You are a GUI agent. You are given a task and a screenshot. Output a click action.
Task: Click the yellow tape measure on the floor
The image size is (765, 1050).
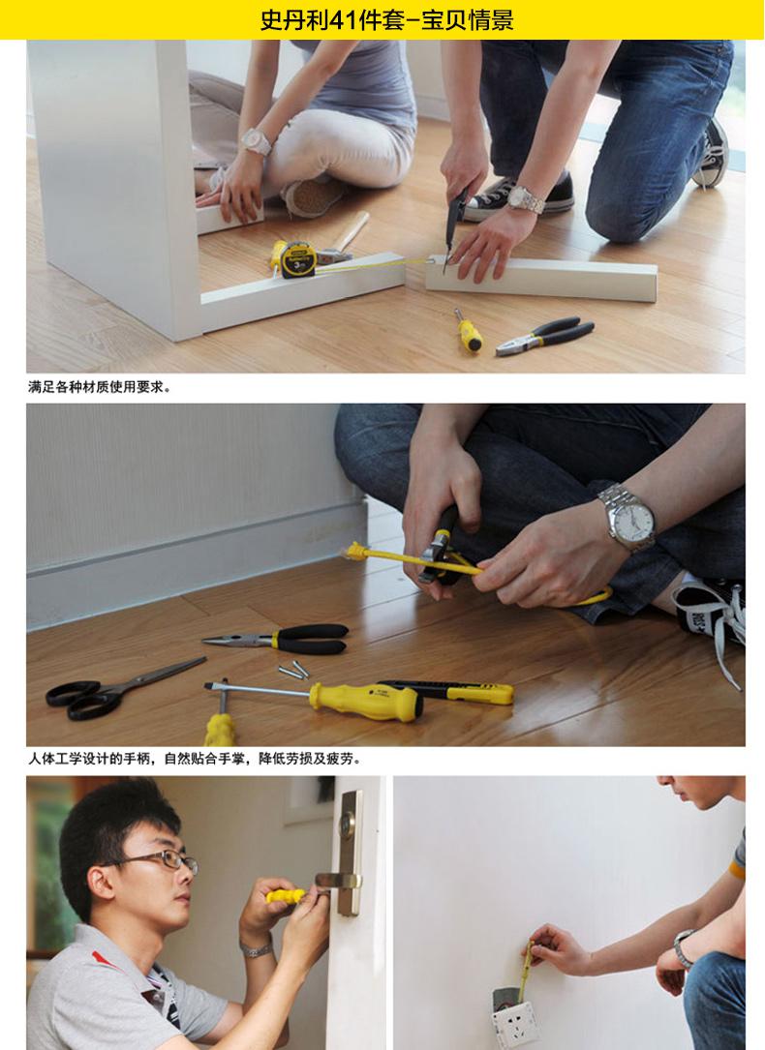click(294, 259)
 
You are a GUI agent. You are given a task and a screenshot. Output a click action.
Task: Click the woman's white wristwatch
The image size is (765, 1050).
click(257, 141)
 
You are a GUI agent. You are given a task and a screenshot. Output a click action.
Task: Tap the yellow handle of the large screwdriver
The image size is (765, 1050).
click(366, 702)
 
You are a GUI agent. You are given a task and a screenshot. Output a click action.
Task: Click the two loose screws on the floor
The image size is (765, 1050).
click(293, 670)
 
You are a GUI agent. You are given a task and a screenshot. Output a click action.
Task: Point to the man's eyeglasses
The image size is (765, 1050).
click(161, 860)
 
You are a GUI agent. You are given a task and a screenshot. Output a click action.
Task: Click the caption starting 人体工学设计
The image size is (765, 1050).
click(195, 760)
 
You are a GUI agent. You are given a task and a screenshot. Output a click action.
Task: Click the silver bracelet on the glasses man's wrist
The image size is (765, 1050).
click(257, 949)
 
